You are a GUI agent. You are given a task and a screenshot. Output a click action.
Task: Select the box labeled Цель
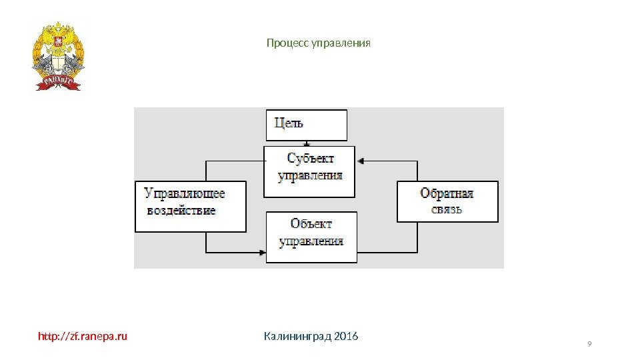[x=307, y=125]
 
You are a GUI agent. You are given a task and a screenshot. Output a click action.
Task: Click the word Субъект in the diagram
[x=310, y=159]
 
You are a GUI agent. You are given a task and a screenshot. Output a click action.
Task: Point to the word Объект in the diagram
[x=311, y=224]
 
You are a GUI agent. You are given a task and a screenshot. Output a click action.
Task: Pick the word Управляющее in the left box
[x=185, y=193]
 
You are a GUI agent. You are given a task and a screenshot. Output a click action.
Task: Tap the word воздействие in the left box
[x=181, y=211]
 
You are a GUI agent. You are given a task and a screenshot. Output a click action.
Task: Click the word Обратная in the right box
[x=447, y=193]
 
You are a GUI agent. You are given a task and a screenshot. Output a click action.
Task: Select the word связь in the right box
[x=446, y=209]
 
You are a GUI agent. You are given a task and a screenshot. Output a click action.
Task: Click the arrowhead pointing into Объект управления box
[x=261, y=252]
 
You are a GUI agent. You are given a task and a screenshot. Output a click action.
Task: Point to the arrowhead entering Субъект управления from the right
[x=360, y=161]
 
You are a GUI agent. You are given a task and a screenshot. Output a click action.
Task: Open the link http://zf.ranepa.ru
[x=82, y=336]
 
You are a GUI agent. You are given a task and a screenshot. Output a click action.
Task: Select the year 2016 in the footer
[x=345, y=336]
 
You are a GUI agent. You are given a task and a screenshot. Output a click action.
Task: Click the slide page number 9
[x=589, y=344]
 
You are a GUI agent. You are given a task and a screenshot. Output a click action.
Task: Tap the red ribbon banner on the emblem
[x=58, y=82]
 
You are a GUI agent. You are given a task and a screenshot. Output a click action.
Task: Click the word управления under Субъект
[x=310, y=176]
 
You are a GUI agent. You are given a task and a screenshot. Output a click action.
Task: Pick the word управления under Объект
[x=311, y=241]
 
